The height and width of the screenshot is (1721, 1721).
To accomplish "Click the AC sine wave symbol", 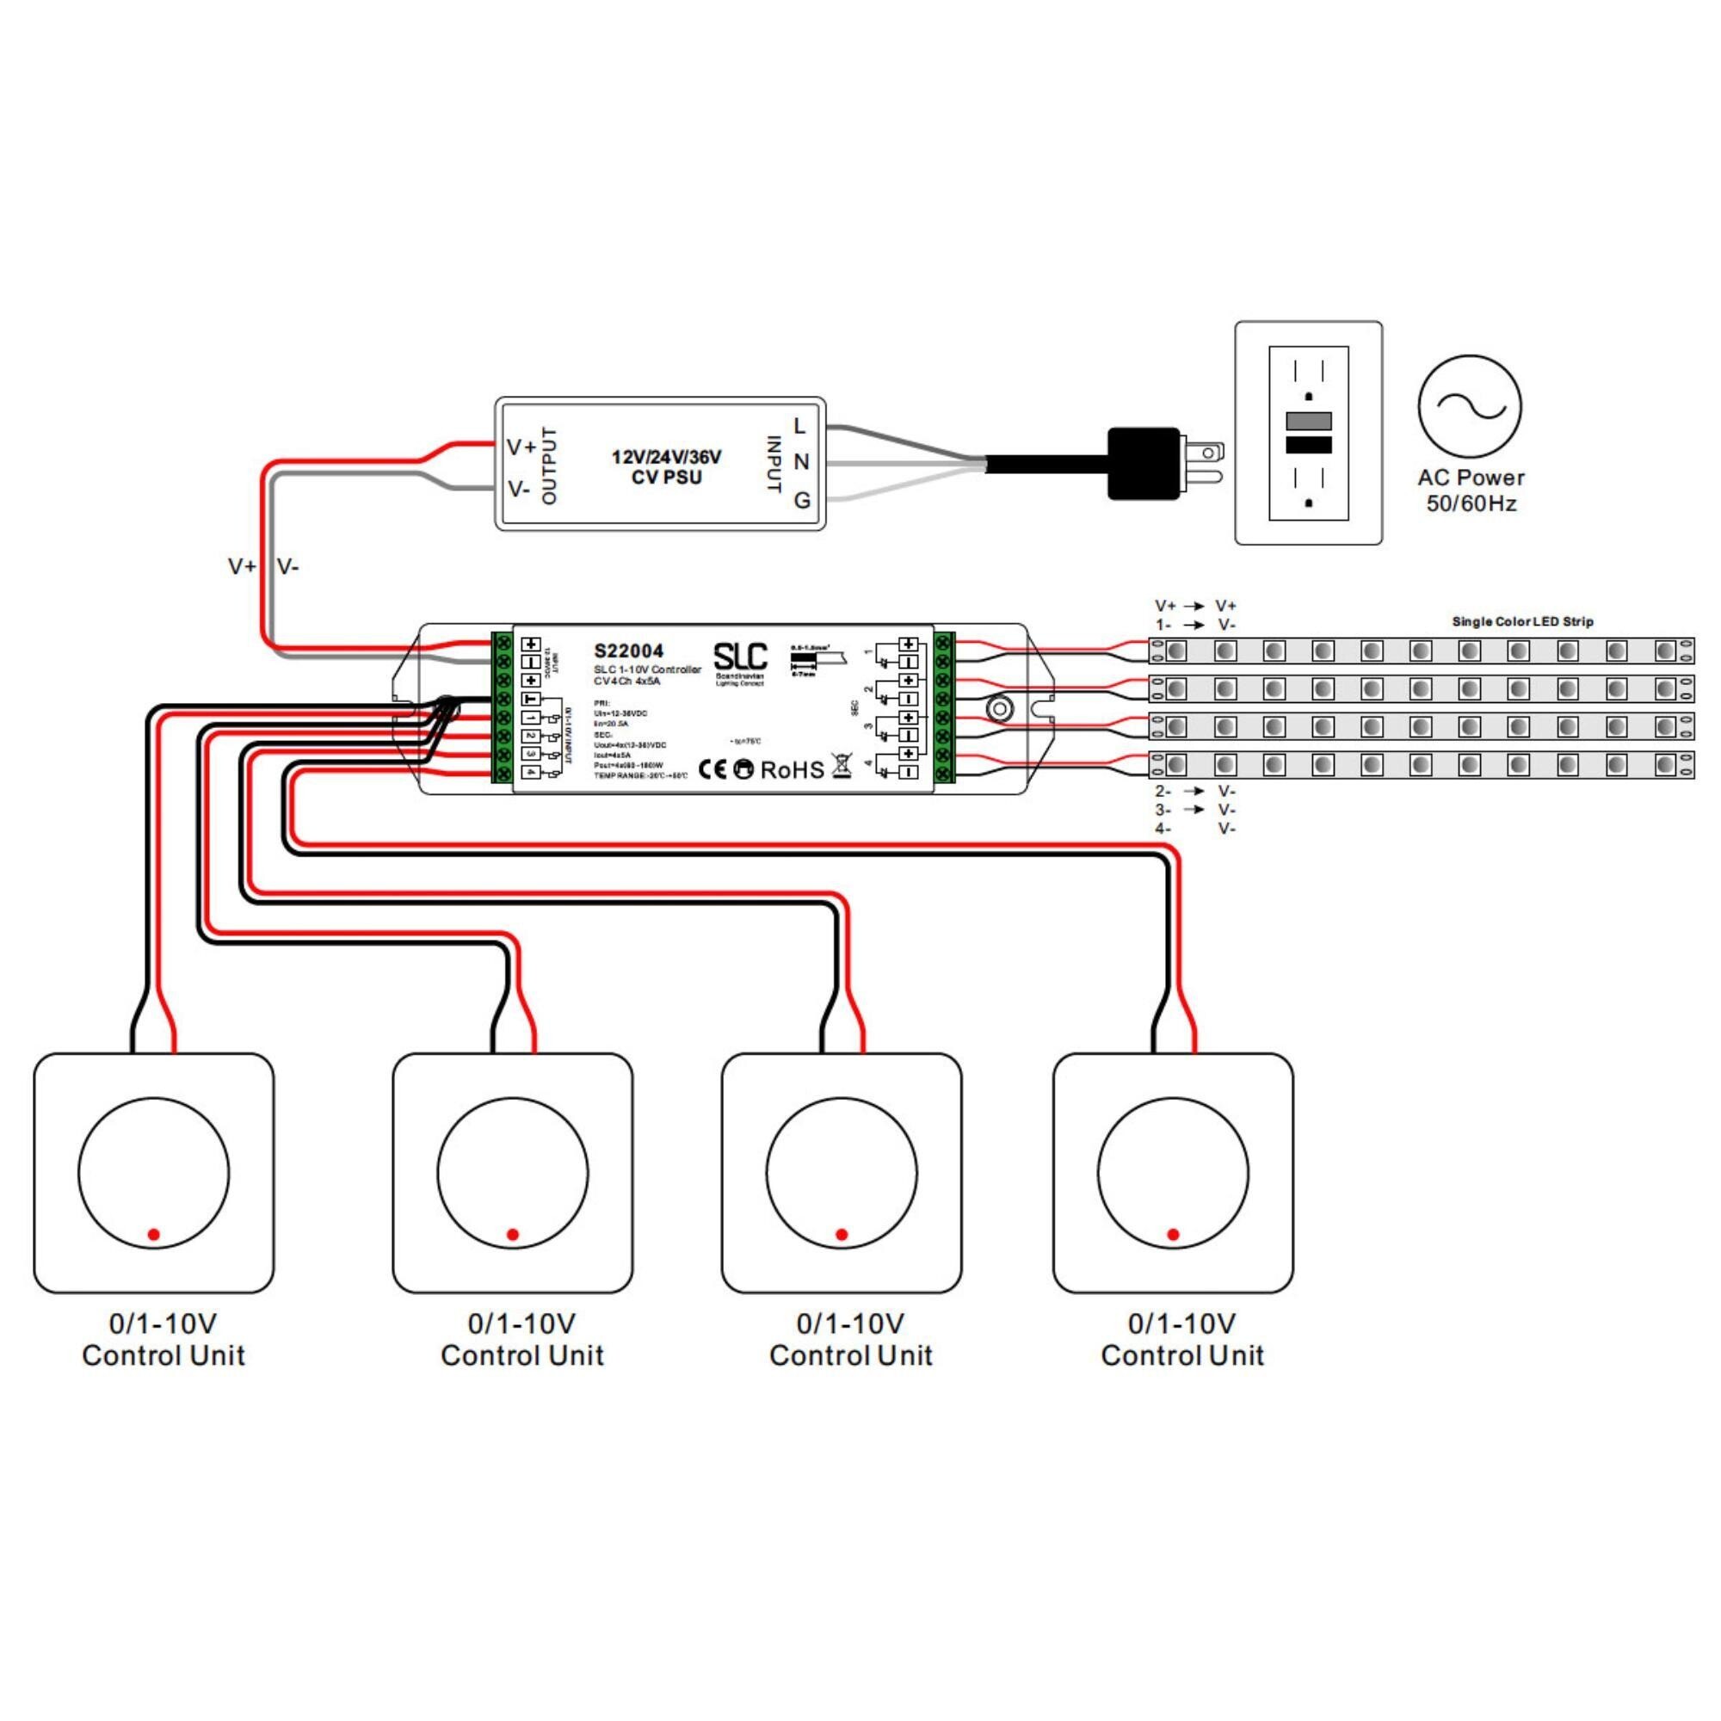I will (x=1470, y=406).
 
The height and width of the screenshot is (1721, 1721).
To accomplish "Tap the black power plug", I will (x=1144, y=463).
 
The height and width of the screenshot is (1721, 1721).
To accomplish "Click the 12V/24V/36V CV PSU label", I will (x=666, y=466).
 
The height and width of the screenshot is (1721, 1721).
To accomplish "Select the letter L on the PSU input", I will (x=799, y=427).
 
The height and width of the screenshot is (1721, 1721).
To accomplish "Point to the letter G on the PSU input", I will (x=802, y=501).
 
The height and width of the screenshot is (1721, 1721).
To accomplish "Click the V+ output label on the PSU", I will (x=521, y=447).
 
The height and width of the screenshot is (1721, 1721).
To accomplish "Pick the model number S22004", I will (x=629, y=651).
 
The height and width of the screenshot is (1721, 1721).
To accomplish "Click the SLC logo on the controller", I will (x=740, y=657).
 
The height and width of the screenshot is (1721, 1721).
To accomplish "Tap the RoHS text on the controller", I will (x=792, y=769).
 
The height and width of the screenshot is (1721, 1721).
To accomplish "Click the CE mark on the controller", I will (x=712, y=769).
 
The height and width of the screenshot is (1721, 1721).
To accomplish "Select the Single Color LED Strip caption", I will (x=1522, y=622).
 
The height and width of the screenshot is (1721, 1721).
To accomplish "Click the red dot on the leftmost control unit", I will (x=153, y=1235).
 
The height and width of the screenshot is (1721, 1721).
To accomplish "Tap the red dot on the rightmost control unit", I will (x=1173, y=1235).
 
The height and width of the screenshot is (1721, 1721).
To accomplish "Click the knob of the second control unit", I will (x=512, y=1173).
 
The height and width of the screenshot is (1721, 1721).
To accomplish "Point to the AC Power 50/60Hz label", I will (x=1471, y=490).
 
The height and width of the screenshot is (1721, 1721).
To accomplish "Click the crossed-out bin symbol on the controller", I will (x=841, y=766).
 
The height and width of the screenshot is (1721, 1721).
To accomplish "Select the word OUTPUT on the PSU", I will (x=549, y=465).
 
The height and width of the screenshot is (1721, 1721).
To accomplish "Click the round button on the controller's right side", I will (x=999, y=709).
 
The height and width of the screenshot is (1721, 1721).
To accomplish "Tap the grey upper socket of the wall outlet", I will (x=1309, y=421).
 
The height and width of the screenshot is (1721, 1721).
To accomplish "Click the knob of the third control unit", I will (x=841, y=1173).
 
